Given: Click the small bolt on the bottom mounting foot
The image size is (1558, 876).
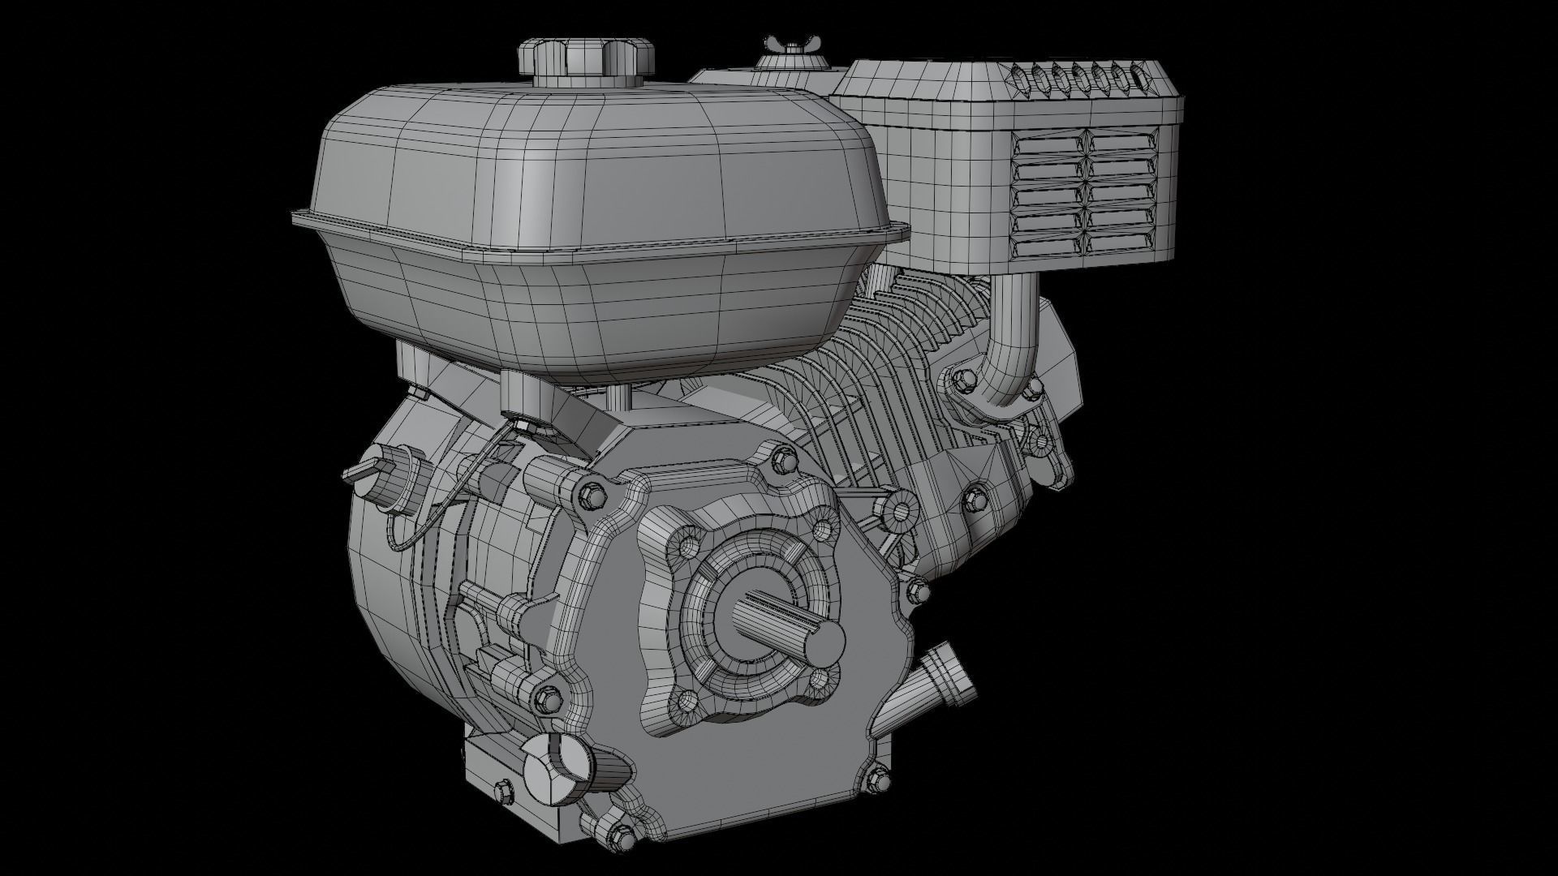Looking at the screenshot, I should tap(501, 790).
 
